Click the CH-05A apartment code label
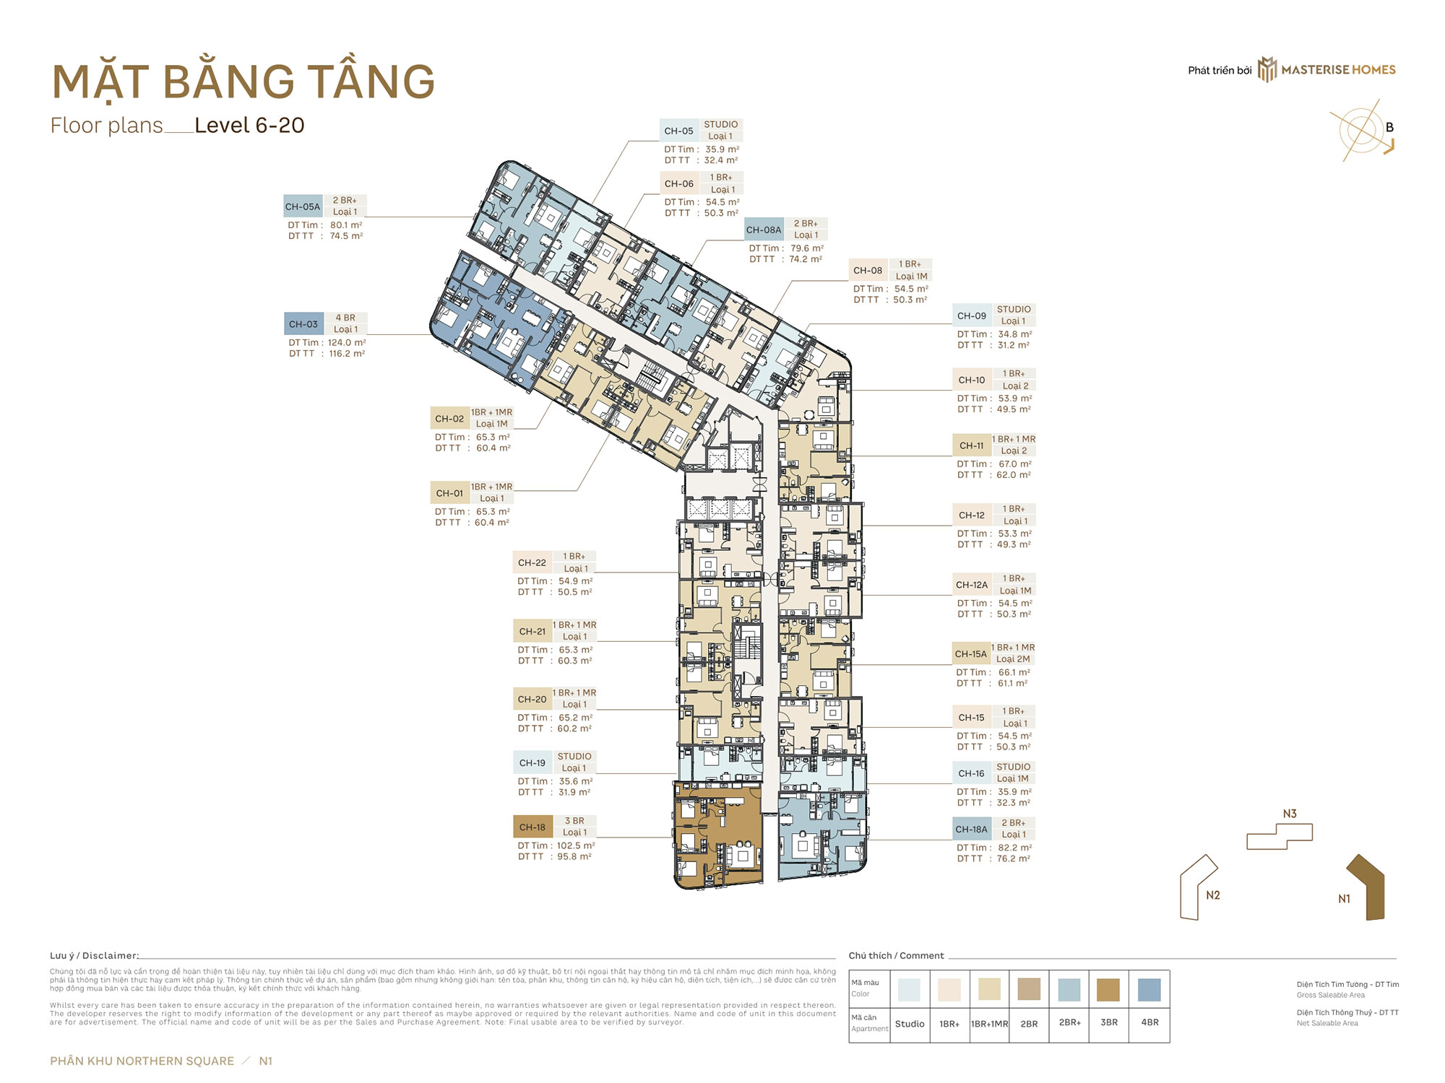[x=303, y=206]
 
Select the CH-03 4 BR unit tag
[x=303, y=324]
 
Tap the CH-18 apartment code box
[x=532, y=827]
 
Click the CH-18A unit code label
[x=971, y=830]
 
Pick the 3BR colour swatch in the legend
[x=1108, y=989]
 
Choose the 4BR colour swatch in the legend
[x=1149, y=989]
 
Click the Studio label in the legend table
[x=910, y=1024]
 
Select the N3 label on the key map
[x=1290, y=814]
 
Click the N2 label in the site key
[x=1213, y=895]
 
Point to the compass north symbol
[x=1363, y=130]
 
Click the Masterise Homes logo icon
[x=1267, y=69]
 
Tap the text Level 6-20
[x=249, y=126]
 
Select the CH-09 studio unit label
[x=972, y=316]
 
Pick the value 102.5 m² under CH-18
[x=575, y=845]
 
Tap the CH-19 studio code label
[x=532, y=762]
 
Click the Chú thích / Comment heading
[x=896, y=955]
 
